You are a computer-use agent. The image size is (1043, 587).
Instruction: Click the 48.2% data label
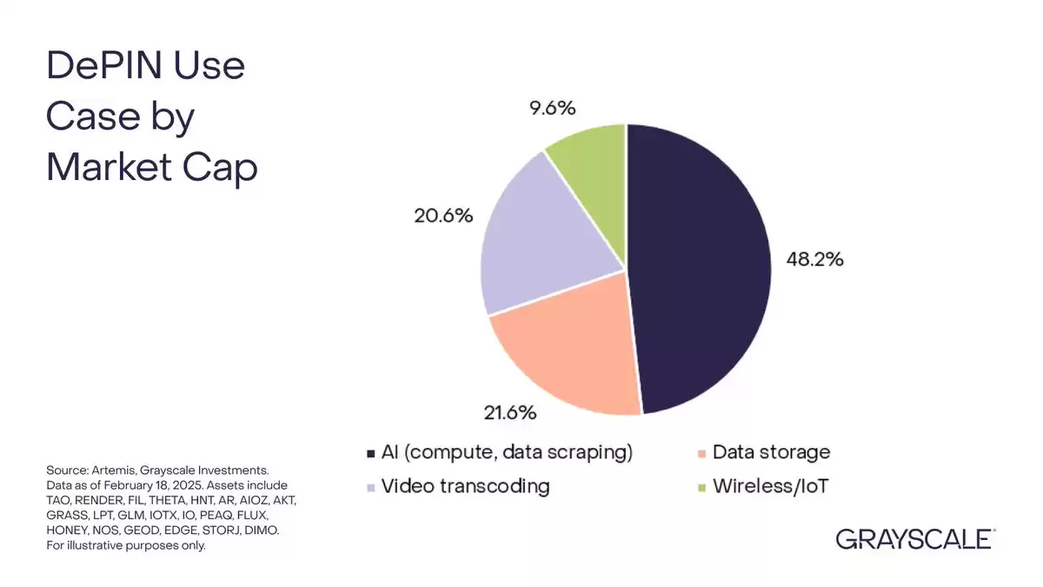click(x=815, y=259)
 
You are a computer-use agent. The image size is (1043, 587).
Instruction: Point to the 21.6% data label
click(x=510, y=413)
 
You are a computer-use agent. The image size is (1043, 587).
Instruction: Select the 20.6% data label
click(x=443, y=216)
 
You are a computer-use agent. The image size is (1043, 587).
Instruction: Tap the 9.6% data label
click(x=552, y=108)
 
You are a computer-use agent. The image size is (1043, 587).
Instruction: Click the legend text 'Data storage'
click(x=771, y=452)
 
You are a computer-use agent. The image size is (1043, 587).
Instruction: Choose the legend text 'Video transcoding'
click(x=466, y=486)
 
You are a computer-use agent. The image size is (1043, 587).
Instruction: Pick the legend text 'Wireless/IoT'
click(x=771, y=486)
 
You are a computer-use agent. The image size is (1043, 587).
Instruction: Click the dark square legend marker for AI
click(x=370, y=454)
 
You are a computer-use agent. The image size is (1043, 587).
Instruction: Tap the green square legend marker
click(x=702, y=488)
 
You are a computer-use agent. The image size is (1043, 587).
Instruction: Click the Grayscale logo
click(x=915, y=539)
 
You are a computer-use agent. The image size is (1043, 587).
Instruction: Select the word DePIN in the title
click(x=103, y=65)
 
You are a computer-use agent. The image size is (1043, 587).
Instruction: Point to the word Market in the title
click(x=109, y=167)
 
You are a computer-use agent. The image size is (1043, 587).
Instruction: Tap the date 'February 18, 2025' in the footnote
click(x=153, y=485)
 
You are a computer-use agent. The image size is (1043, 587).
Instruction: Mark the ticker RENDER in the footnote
click(x=99, y=500)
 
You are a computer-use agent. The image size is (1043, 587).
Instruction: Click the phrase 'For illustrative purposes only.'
click(x=126, y=545)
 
